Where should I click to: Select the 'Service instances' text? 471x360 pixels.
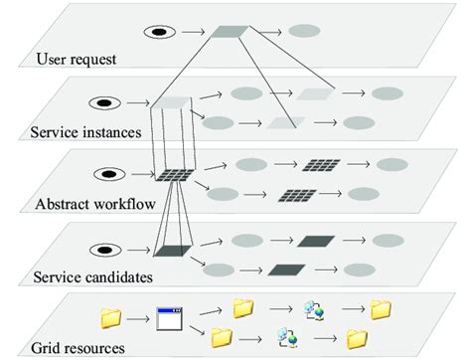point(86,131)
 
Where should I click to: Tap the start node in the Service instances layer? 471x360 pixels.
point(101,101)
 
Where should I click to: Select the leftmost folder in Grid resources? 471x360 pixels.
point(111,318)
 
